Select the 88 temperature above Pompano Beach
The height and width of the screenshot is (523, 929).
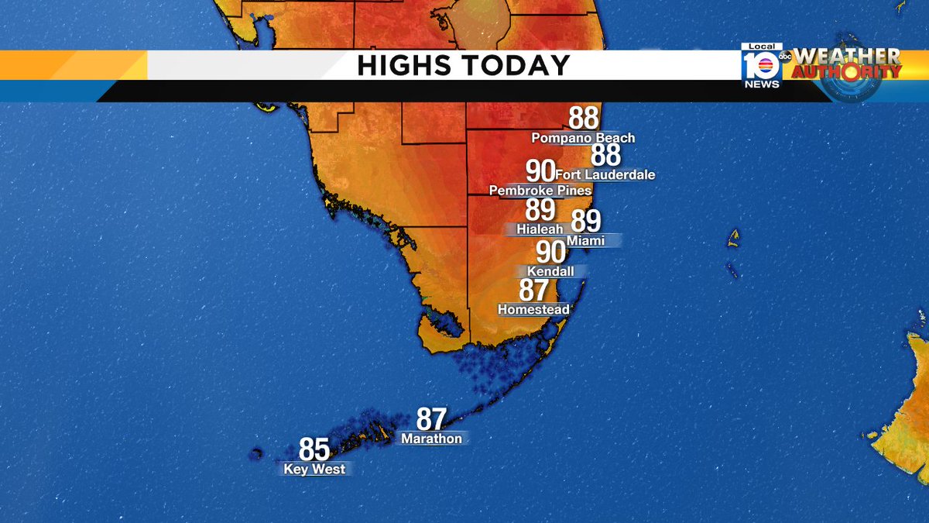tap(584, 119)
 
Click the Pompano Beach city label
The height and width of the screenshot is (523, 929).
tap(583, 138)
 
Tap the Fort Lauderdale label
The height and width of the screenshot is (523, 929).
tap(605, 175)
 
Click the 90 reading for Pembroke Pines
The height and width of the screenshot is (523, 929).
tap(540, 171)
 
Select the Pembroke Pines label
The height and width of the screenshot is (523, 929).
tap(540, 191)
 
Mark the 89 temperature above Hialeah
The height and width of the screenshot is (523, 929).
tap(540, 210)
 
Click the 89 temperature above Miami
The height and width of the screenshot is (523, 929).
tap(586, 222)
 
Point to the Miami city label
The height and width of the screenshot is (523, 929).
tap(585, 241)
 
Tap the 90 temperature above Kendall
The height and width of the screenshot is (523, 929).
tap(550, 253)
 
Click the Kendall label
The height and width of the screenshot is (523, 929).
tap(550, 272)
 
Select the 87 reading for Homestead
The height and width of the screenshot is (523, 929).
tap(534, 291)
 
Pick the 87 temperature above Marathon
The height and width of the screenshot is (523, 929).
tap(431, 420)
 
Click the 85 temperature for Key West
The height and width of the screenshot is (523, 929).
tap(314, 450)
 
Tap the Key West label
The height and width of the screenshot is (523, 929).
tap(314, 470)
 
